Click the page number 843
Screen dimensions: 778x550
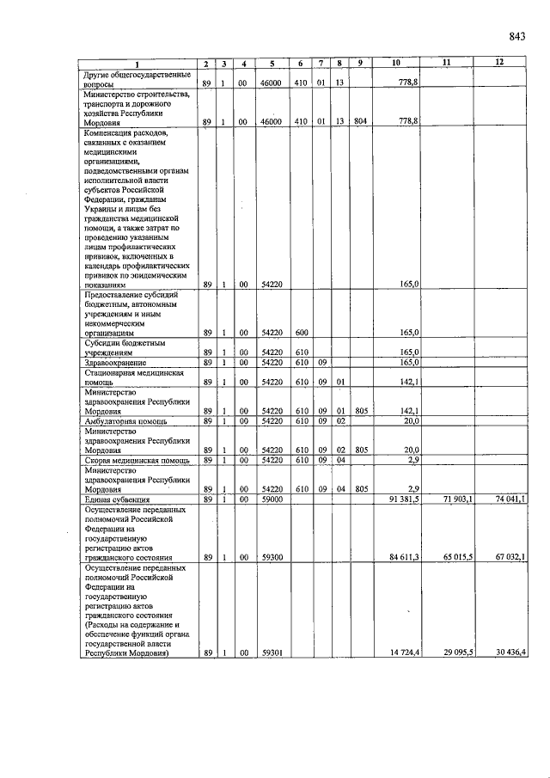click(x=516, y=35)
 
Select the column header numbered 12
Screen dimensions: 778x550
click(x=499, y=63)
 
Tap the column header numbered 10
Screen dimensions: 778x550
click(x=395, y=63)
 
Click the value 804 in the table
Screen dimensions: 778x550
click(x=359, y=122)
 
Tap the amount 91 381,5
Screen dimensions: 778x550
click(x=403, y=499)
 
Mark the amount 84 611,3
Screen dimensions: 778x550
click(x=403, y=557)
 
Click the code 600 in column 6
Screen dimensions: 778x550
click(x=301, y=333)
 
